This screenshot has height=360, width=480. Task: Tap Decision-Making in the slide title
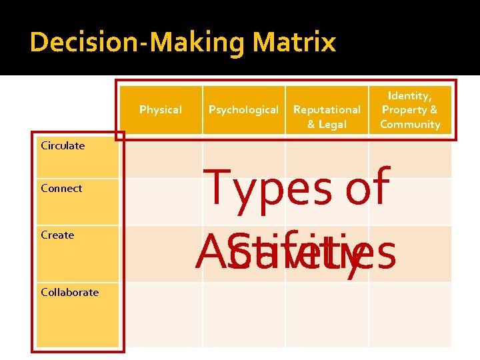coord(138,43)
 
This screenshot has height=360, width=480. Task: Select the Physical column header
coord(160,109)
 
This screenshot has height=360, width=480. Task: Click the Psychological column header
coord(243,109)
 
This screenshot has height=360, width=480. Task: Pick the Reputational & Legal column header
coord(327,116)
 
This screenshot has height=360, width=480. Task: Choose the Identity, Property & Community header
coord(410,109)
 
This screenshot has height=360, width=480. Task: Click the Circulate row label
coord(63,145)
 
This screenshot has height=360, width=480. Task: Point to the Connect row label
coord(61,188)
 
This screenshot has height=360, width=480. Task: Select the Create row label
coord(57,235)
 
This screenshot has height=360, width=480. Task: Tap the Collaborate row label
coord(69,292)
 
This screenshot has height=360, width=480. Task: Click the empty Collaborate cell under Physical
coord(164,315)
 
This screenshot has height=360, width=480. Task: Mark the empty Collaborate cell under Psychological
coord(244,315)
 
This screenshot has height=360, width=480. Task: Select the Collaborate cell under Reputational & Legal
coord(327,315)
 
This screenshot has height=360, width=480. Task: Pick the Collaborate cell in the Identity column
coord(410,315)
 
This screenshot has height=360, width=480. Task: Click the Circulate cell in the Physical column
coord(164,160)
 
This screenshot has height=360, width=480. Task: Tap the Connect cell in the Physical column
coord(164,201)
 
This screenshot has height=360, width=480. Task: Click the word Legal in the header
coord(333,124)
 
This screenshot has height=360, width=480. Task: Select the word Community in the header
coord(410,124)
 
